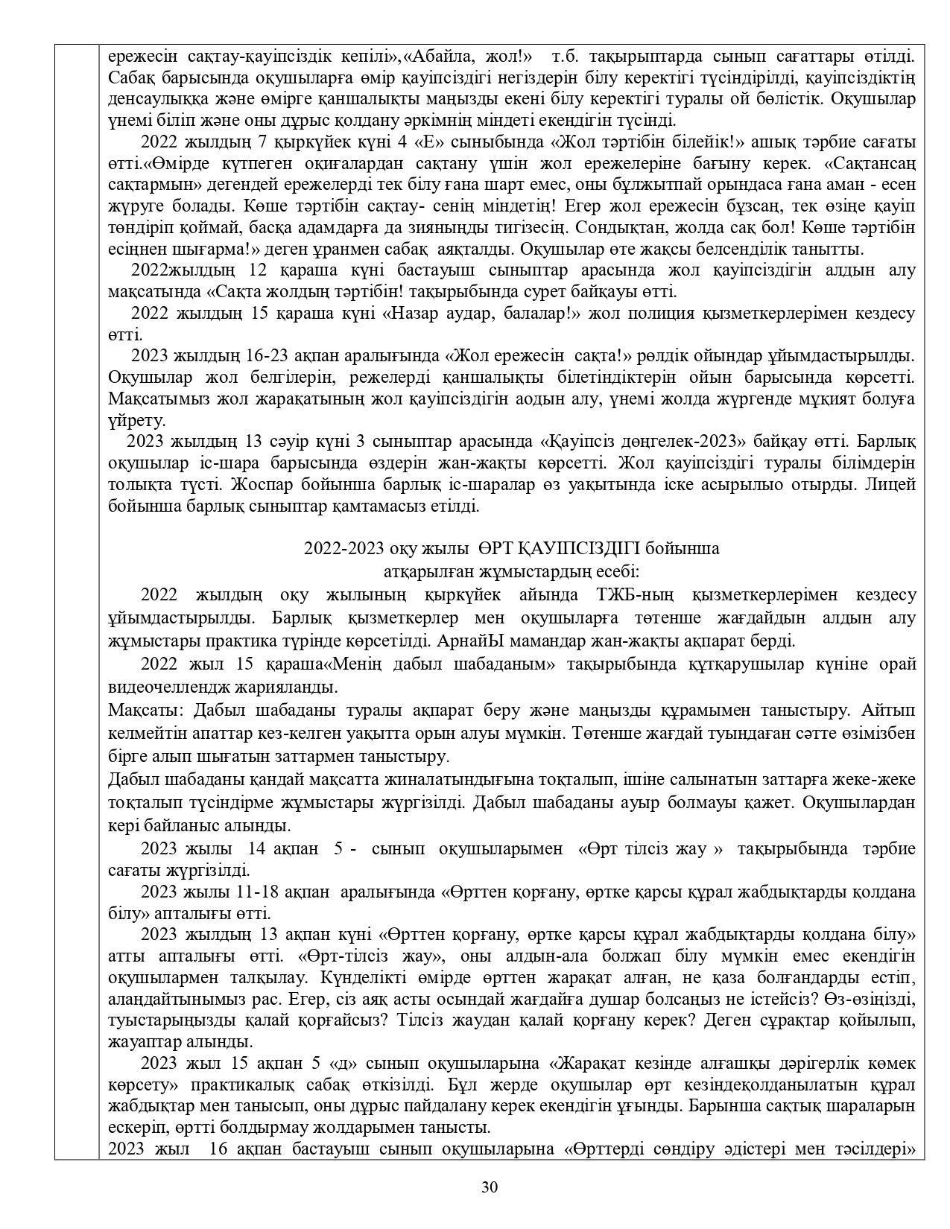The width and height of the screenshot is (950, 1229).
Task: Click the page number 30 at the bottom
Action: click(x=490, y=1187)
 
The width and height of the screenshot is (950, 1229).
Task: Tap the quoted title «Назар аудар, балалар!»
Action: click(x=481, y=314)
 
